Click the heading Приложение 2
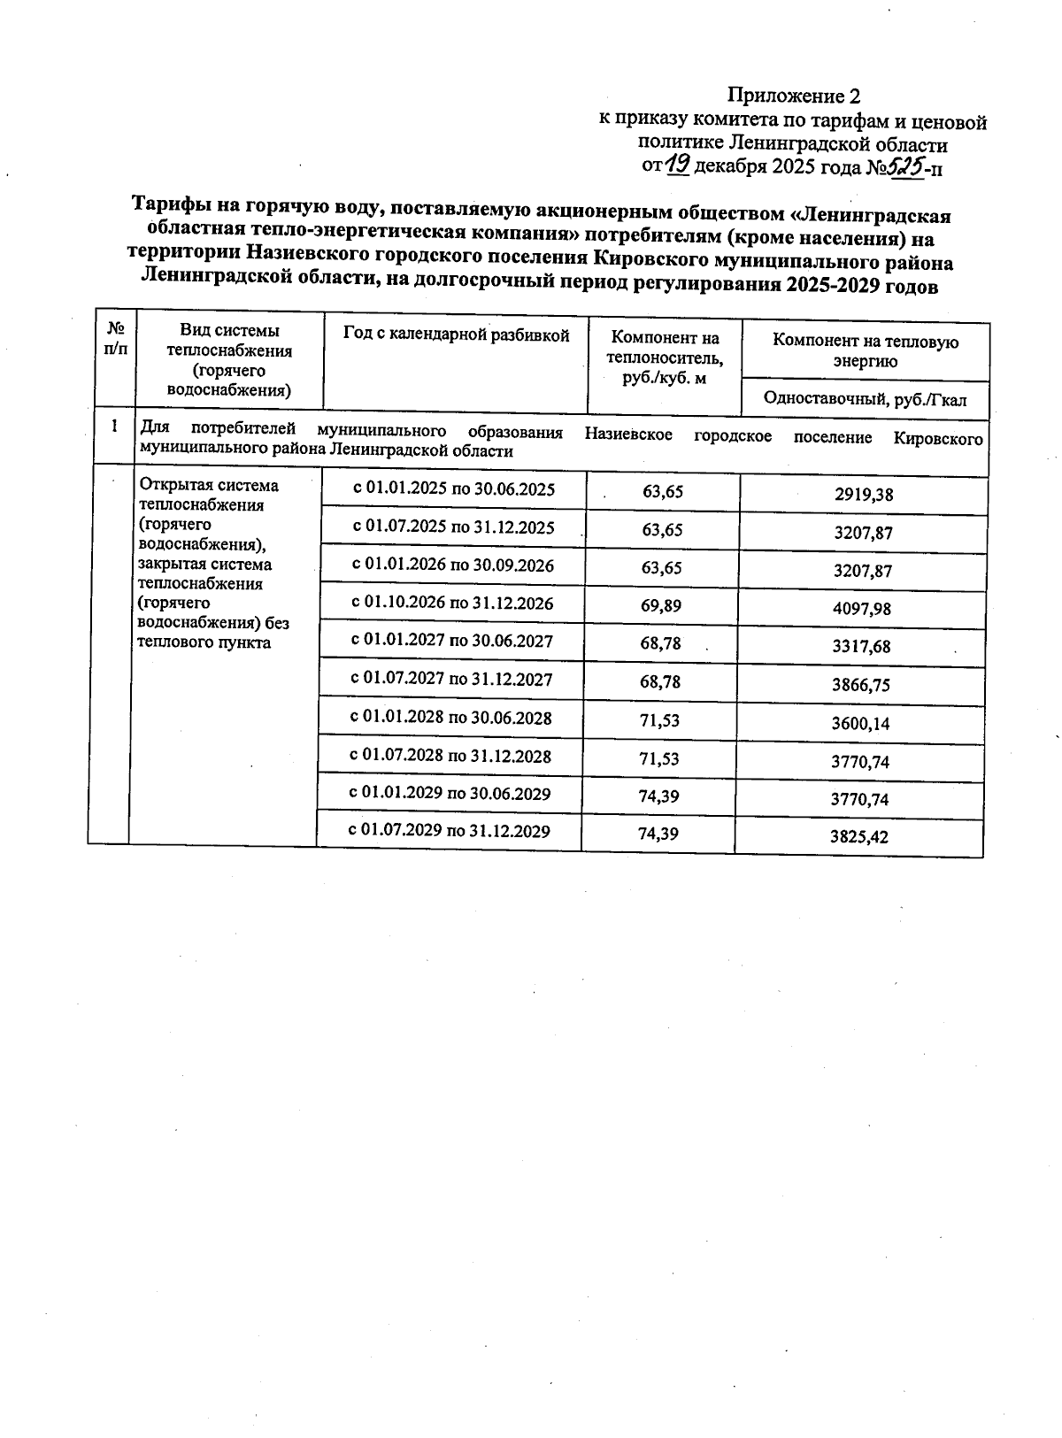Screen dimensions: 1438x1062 tap(793, 96)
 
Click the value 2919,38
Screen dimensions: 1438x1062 tap(863, 495)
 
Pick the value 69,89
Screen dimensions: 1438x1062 tap(662, 605)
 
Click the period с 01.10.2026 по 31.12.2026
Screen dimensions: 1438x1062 tap(452, 604)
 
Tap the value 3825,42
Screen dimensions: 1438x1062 tap(858, 837)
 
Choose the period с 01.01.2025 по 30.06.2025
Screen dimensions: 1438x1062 tap(454, 489)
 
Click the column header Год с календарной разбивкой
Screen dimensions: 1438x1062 tap(456, 335)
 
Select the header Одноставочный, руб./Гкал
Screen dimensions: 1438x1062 tap(865, 399)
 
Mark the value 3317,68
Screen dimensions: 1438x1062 tap(861, 647)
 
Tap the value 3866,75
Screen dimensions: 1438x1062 tap(860, 685)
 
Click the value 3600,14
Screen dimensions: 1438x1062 tap(860, 723)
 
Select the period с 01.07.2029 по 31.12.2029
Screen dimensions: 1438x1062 tap(450, 831)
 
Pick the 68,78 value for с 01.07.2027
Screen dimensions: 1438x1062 tap(660, 681)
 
